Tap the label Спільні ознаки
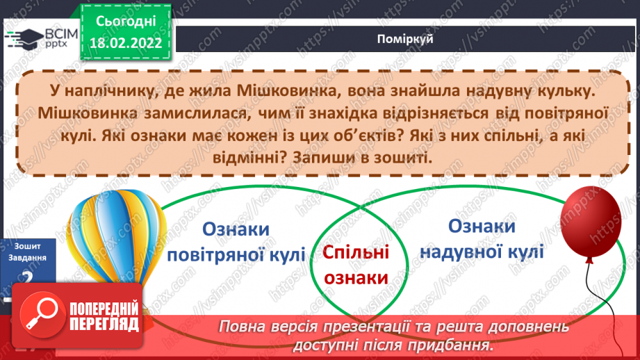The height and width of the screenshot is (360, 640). (x=356, y=265)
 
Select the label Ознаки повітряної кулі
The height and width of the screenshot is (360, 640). (x=237, y=241)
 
